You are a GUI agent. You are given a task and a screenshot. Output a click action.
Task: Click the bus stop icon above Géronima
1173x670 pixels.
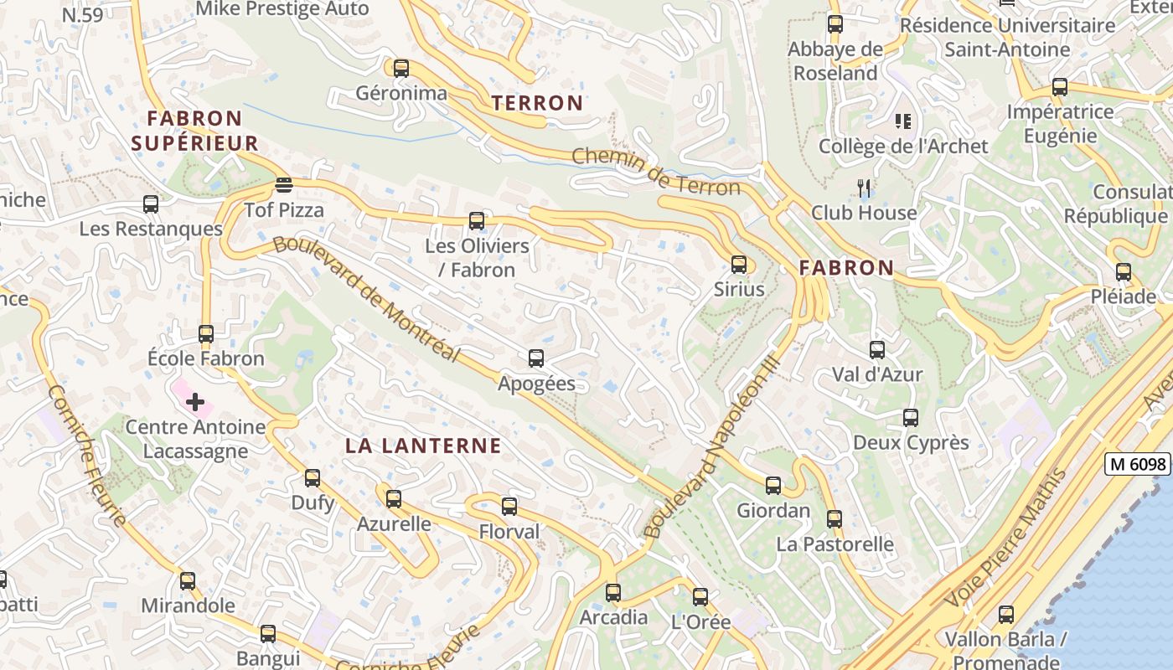pyautogui.click(x=401, y=68)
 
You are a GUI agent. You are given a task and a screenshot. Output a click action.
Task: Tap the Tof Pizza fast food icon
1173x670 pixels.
pyautogui.click(x=284, y=184)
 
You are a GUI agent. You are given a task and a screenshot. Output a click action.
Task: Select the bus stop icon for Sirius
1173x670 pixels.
pyautogui.click(x=738, y=264)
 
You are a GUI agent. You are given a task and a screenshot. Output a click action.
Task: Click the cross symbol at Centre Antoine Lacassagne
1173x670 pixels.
pyautogui.click(x=195, y=402)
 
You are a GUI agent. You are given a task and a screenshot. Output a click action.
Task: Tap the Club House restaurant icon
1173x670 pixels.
pyautogui.click(x=865, y=188)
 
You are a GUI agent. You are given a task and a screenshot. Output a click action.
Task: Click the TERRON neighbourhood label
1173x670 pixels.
pyautogui.click(x=537, y=103)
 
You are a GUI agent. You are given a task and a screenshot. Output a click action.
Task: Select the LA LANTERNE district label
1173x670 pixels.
pyautogui.click(x=423, y=446)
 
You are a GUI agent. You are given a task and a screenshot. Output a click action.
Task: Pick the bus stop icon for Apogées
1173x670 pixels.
pyautogui.click(x=536, y=358)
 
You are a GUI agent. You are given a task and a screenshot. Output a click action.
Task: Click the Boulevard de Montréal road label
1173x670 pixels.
pyautogui.click(x=367, y=300)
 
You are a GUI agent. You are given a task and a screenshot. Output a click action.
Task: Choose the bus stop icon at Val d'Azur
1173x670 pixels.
pyautogui.click(x=876, y=349)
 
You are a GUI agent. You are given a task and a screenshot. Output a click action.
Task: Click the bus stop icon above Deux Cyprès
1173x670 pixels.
pyautogui.click(x=910, y=417)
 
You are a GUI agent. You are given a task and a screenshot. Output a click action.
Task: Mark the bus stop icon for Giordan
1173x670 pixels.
pyautogui.click(x=773, y=485)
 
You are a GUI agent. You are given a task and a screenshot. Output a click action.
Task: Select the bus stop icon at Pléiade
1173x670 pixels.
pyautogui.click(x=1123, y=271)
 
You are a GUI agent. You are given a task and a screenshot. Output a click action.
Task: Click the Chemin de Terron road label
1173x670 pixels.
pyautogui.click(x=656, y=172)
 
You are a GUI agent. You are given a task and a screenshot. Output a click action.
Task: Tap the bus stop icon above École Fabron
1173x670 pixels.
pyautogui.click(x=206, y=333)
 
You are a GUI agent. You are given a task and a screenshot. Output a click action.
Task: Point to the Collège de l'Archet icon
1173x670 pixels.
pyautogui.click(x=902, y=121)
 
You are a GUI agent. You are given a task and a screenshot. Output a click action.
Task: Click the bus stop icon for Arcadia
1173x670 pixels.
pyautogui.click(x=613, y=592)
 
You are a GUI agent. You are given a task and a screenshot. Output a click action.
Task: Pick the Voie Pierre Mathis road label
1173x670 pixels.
pyautogui.click(x=1005, y=538)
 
